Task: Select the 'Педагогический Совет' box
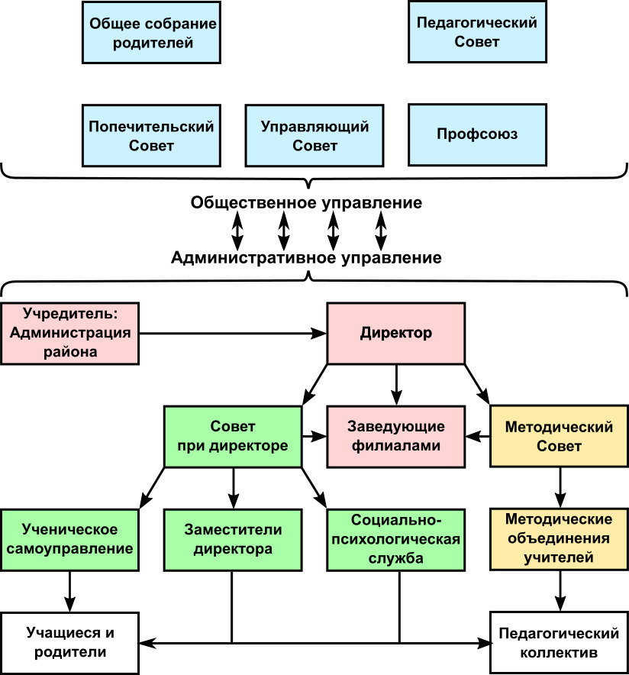click(478, 32)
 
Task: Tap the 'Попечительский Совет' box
click(152, 135)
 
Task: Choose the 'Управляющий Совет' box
click(314, 135)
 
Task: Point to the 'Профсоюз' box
click(478, 135)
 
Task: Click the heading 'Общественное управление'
click(307, 204)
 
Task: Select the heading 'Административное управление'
click(307, 258)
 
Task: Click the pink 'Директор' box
click(395, 334)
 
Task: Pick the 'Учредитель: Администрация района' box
click(71, 333)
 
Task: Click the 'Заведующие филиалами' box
click(395, 437)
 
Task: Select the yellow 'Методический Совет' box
click(559, 437)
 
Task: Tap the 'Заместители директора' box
click(233, 539)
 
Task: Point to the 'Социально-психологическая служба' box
click(395, 539)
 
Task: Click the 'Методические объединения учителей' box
click(559, 539)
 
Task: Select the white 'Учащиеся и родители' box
click(71, 642)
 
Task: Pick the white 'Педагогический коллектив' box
click(559, 642)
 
